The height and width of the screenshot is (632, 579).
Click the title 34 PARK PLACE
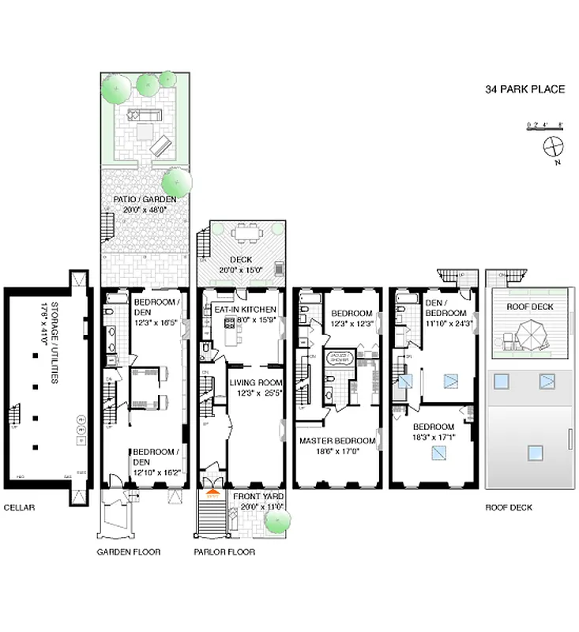524,89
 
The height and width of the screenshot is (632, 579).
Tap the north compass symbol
554,147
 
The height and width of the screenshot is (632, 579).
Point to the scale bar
544,125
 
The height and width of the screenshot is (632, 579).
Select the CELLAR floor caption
18,509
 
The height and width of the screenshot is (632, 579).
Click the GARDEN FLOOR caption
129,552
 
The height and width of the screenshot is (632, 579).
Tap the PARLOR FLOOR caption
224,552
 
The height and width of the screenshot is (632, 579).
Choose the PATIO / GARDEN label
145,205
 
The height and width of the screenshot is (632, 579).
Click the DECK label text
241,259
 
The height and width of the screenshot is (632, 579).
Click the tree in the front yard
277,521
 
